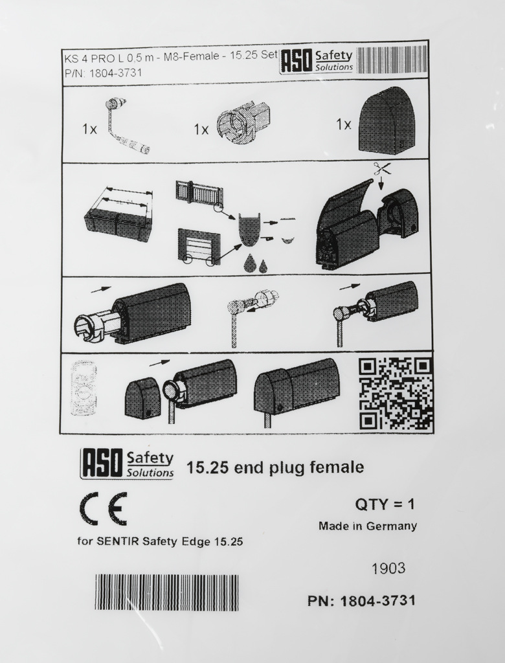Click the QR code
coord(396,393)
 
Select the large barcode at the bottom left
coord(166,593)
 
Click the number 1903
coord(388,568)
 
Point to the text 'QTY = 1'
coord(385,504)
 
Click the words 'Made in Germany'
coord(368,526)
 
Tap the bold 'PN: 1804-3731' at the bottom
coord(362,600)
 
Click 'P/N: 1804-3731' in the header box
coord(103,73)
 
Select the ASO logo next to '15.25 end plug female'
coord(128,464)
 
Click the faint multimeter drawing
coord(84,388)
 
